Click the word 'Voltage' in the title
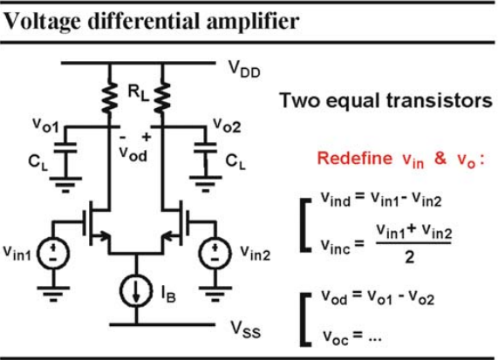pyautogui.click(x=42, y=22)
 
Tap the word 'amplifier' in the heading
pyautogui.click(x=253, y=22)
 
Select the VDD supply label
pyautogui.click(x=244, y=69)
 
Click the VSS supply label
pyautogui.click(x=246, y=329)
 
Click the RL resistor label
pyautogui.click(x=138, y=93)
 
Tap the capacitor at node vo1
pyautogui.click(x=65, y=148)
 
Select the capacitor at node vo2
pyautogui.click(x=206, y=148)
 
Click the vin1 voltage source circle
pyautogui.click(x=53, y=254)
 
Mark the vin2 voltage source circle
pyautogui.click(x=215, y=254)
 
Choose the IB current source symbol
pyautogui.click(x=136, y=291)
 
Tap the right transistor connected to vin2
pyautogui.click(x=175, y=227)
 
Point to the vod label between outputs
pyautogui.click(x=133, y=154)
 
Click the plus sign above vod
pyautogui.click(x=147, y=137)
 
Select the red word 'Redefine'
pyautogui.click(x=355, y=158)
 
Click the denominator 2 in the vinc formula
pyautogui.click(x=410, y=257)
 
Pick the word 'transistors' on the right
pyautogui.click(x=440, y=101)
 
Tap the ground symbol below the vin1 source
pyautogui.click(x=53, y=294)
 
